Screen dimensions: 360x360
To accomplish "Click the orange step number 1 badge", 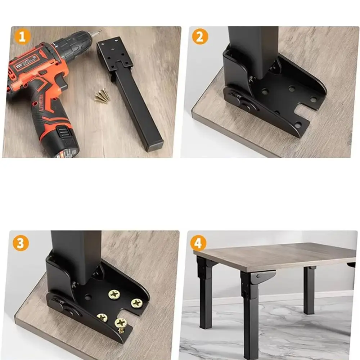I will coord(22,37).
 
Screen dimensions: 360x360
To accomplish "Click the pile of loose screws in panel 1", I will coord(103,95).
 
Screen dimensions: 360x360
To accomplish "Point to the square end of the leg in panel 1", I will coord(154,146).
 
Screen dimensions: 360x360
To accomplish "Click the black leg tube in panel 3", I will coord(76,256).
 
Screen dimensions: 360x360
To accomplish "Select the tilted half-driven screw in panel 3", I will coord(121,324).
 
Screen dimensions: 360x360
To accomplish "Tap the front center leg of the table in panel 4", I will coord(249,317).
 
